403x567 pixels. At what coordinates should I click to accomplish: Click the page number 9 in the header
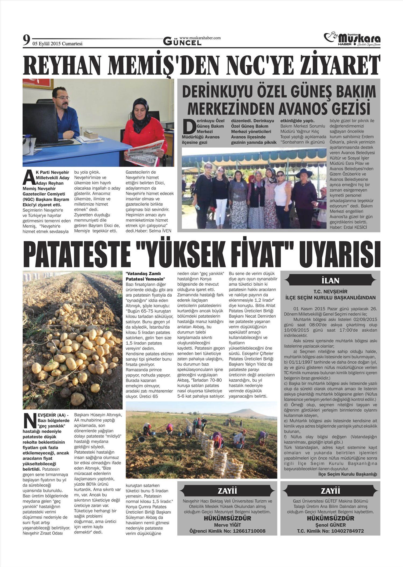(x=26, y=41)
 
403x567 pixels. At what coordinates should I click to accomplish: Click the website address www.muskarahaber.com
(x=200, y=38)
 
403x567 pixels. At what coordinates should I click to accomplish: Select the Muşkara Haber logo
(x=352, y=40)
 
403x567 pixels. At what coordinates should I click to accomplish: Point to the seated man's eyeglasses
(x=63, y=98)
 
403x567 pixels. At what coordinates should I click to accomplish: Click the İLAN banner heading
(x=330, y=281)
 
